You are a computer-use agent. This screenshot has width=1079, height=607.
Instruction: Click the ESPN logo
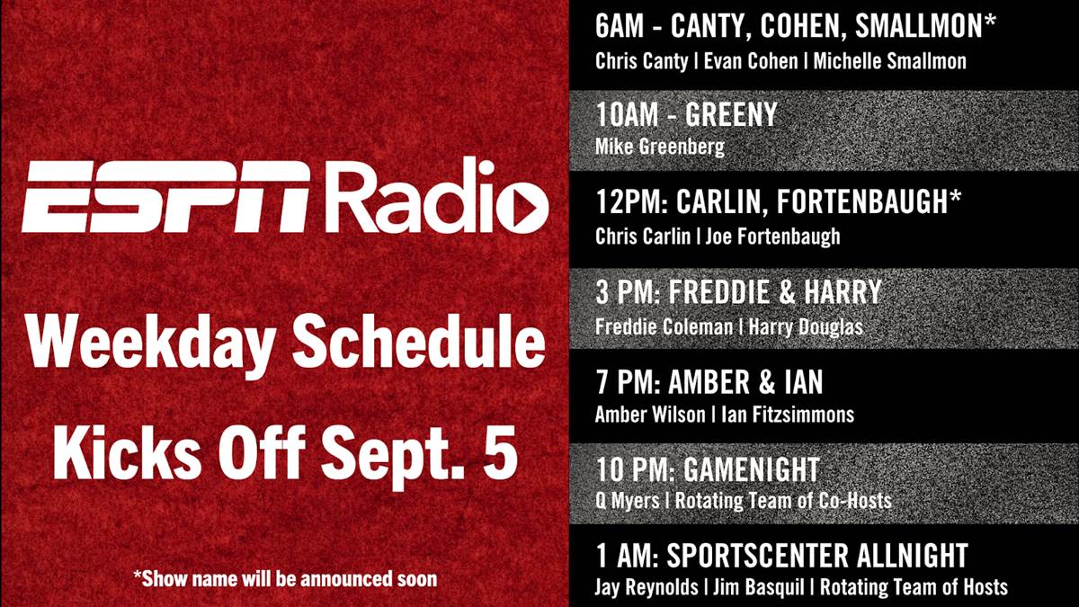165,197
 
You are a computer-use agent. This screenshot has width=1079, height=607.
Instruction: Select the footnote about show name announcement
285,578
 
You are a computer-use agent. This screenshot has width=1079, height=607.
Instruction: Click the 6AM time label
619,25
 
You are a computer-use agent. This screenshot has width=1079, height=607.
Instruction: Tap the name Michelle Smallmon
889,61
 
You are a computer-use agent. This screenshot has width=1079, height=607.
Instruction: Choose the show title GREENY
731,114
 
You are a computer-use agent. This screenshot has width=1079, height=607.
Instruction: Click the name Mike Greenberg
659,147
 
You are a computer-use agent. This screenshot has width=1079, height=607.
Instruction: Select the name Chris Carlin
643,236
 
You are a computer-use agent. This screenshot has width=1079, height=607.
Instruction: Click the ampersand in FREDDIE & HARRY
787,291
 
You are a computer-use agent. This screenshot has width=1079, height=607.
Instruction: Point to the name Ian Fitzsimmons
787,415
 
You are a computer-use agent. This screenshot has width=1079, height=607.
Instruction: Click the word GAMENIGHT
752,469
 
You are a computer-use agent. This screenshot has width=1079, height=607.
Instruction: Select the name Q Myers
628,501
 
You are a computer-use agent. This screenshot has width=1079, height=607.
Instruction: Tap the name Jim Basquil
758,587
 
